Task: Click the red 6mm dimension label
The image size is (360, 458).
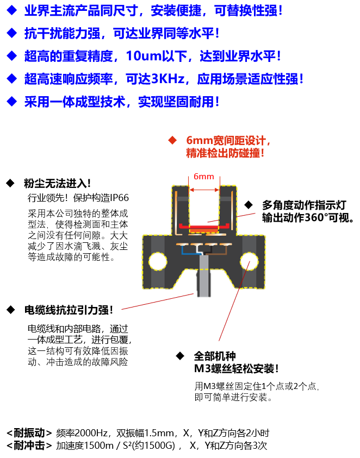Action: [204, 177]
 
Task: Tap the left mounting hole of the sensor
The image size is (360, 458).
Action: [158, 261]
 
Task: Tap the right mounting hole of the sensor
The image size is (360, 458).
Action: [249, 261]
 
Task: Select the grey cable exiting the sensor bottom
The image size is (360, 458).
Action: [204, 276]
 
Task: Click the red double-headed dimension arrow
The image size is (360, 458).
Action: [204, 190]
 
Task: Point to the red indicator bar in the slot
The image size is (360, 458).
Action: [204, 226]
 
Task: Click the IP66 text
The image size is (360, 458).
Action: [119, 198]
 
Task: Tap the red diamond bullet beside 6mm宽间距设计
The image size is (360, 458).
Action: [172, 141]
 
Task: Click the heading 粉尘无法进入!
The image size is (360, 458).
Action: [57, 184]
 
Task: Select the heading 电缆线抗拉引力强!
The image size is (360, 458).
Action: [69, 310]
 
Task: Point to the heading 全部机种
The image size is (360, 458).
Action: [215, 356]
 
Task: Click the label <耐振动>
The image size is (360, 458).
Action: [29, 432]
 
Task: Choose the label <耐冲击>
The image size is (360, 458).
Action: [29, 446]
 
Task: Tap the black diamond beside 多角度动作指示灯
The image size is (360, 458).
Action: [249, 205]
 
